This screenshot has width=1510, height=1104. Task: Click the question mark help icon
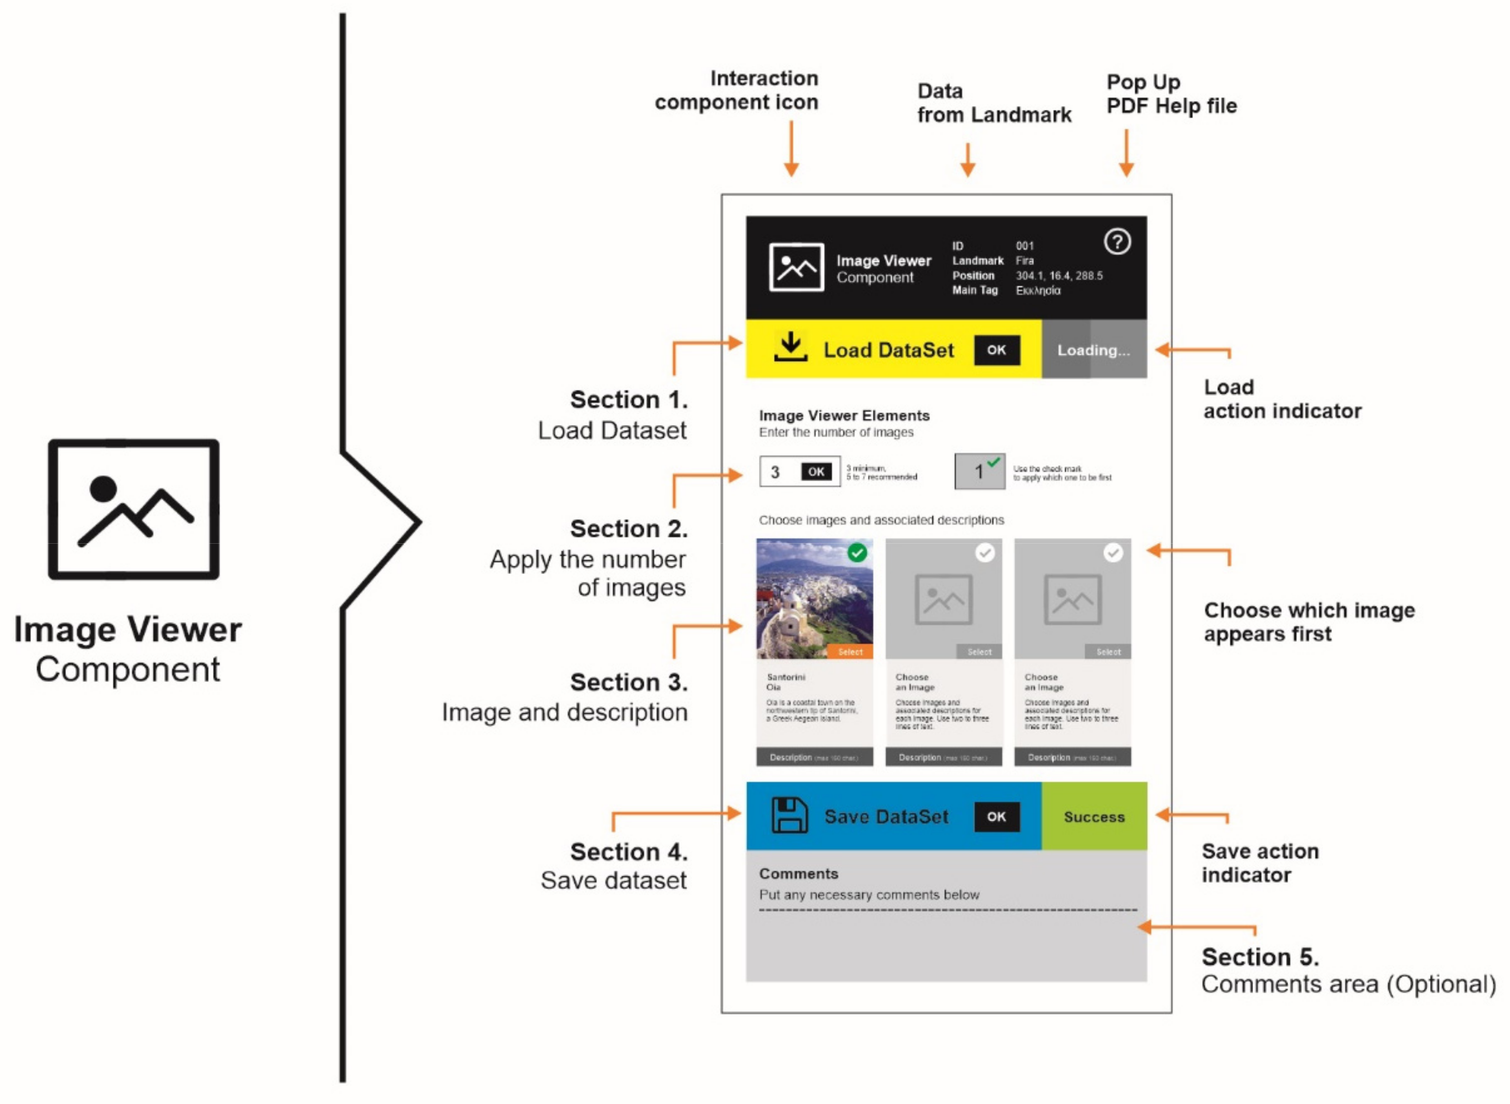1117,242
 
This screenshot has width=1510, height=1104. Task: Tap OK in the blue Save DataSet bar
996,817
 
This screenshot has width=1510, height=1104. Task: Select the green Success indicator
1094,817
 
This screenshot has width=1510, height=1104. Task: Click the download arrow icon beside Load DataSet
791,347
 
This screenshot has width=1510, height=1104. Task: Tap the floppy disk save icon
790,815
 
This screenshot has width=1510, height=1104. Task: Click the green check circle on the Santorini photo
857,552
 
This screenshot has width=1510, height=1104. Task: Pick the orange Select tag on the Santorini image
850,652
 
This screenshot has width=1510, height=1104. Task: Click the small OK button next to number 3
816,472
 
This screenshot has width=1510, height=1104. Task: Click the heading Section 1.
628,400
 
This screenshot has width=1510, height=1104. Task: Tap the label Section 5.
1260,957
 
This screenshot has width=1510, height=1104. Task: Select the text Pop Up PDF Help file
1171,94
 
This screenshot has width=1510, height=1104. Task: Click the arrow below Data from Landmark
967,160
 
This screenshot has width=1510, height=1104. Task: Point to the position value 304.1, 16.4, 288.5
1059,276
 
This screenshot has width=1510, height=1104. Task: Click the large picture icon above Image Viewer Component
134,509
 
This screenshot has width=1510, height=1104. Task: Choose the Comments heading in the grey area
798,873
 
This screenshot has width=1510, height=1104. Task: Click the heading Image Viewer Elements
844,416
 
